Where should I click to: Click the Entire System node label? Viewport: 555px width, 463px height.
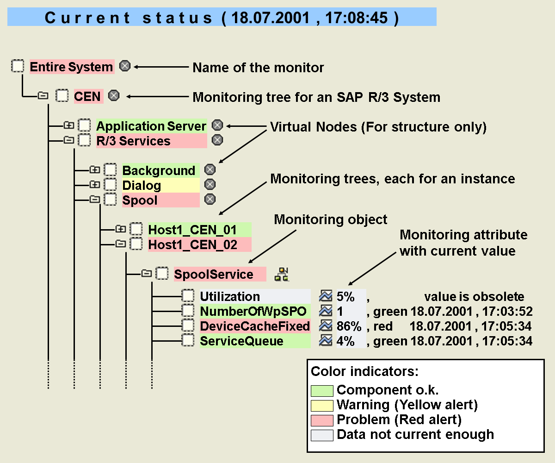tap(72, 67)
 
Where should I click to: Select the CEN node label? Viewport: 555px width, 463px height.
tap(88, 96)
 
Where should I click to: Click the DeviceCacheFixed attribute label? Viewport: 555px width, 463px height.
tap(255, 326)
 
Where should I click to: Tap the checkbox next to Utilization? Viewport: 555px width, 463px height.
tap(188, 296)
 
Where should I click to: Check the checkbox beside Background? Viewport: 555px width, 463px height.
tap(110, 170)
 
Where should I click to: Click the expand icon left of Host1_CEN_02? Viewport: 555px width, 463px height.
tap(120, 244)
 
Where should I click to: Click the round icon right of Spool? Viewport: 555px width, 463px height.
tap(210, 199)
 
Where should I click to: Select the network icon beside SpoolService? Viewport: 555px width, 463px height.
tap(282, 275)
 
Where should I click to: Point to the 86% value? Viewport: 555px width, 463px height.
tap(349, 326)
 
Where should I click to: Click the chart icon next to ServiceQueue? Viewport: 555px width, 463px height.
tap(326, 341)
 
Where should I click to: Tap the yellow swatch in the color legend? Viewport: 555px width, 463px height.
tap(322, 406)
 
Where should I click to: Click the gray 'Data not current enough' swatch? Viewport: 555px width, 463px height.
tap(322, 435)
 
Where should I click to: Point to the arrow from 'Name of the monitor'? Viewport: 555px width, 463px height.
tap(161, 67)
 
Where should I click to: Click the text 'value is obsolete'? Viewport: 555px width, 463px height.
tap(474, 296)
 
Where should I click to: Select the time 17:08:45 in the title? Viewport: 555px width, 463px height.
tap(357, 18)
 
